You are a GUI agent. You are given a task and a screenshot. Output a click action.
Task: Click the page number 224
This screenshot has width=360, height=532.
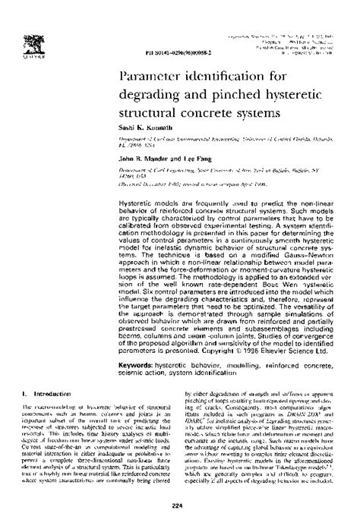point(180,506)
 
